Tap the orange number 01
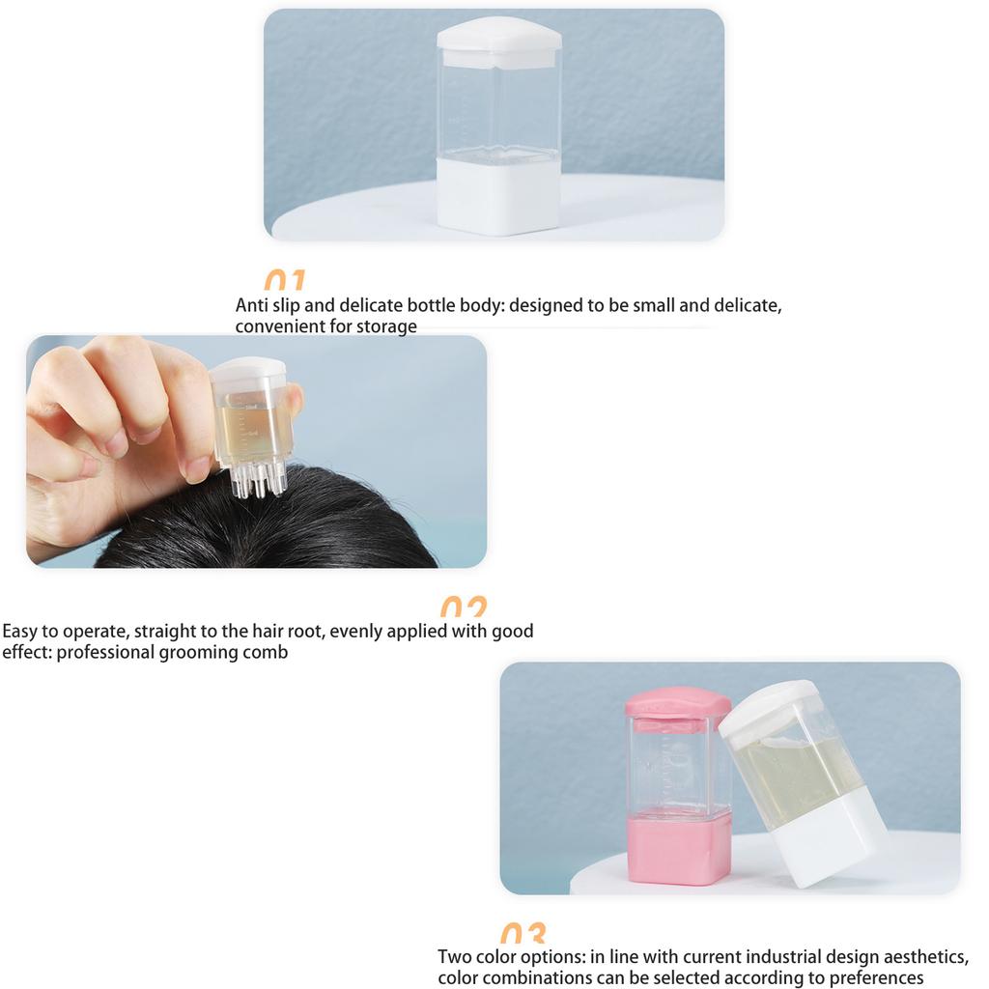pyautogui.click(x=284, y=281)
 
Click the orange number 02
pyautogui.click(x=464, y=608)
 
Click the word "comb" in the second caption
pyautogui.click(x=267, y=653)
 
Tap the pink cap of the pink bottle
pyautogui.click(x=676, y=702)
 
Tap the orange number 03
pyautogui.click(x=523, y=934)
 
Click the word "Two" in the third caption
pyautogui.click(x=456, y=957)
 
